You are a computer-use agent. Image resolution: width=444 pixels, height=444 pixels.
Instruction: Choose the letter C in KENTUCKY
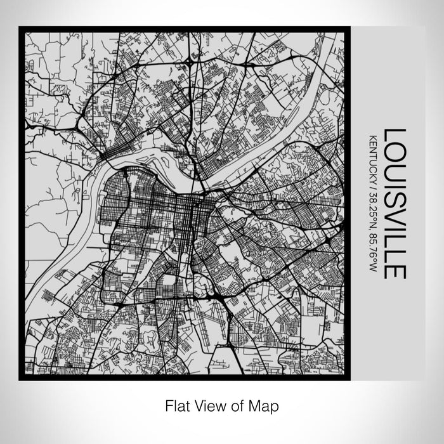point(372,167)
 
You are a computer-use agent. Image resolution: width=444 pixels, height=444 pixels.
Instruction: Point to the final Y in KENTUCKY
point(372,180)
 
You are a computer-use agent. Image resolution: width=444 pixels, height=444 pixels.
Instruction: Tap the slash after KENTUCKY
point(372,186)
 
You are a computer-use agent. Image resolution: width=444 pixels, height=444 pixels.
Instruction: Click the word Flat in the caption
point(176,405)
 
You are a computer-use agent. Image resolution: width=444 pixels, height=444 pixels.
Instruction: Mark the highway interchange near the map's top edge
point(190,63)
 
